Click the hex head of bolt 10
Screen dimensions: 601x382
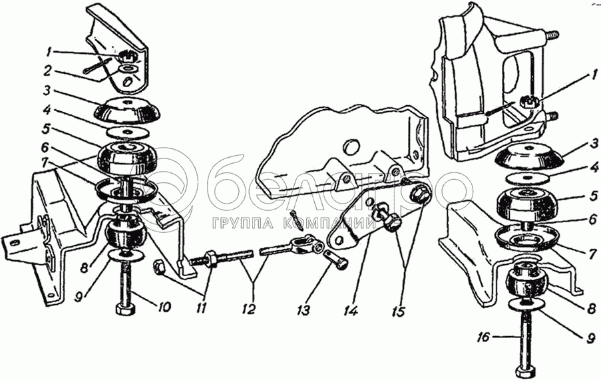click(x=124, y=310)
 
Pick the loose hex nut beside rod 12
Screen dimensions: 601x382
click(x=161, y=268)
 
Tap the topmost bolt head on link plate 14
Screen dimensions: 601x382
click(x=421, y=194)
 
